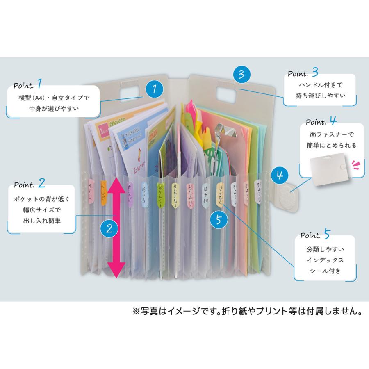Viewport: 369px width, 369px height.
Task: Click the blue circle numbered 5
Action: click(x=219, y=220)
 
